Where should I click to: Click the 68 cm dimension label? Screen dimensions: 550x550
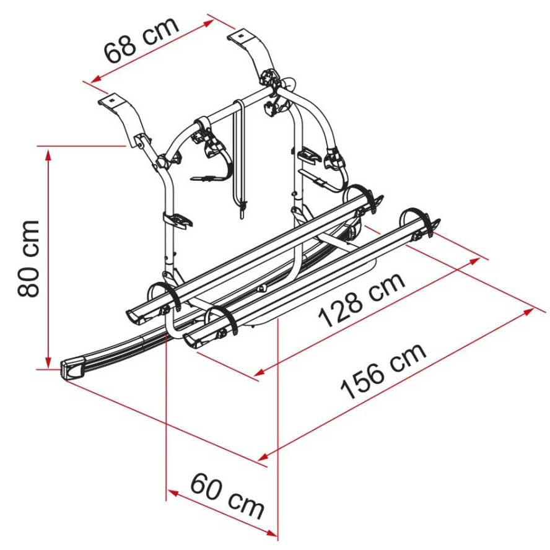pyautogui.click(x=141, y=40)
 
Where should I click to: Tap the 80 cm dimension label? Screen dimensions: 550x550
pyautogui.click(x=28, y=258)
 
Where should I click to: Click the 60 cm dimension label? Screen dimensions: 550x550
pyautogui.click(x=227, y=495)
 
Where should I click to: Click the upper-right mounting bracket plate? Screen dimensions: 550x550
pyautogui.click(x=242, y=35)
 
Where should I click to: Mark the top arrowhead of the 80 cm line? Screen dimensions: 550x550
pyautogui.click(x=48, y=154)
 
